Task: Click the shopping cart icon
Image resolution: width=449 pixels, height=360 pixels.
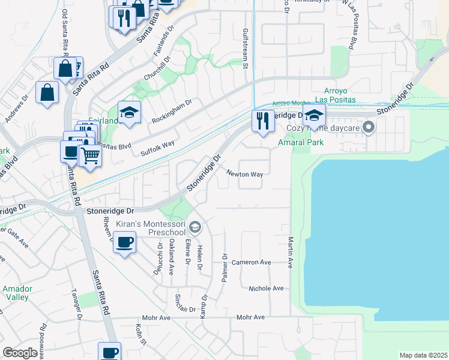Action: [x=90, y=155]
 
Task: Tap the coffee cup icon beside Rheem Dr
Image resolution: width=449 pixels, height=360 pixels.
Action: [x=124, y=242]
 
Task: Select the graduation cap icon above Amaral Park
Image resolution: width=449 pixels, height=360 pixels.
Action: [x=314, y=115]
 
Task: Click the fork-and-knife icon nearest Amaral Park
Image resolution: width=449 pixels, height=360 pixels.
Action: [x=262, y=121]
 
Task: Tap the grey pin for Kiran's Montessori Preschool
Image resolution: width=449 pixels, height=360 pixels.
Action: [x=194, y=227]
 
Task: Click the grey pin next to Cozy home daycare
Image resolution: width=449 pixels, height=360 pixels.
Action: [x=368, y=127]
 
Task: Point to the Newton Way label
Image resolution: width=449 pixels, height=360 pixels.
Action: [x=245, y=174]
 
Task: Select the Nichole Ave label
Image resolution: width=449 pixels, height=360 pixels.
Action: [x=266, y=289]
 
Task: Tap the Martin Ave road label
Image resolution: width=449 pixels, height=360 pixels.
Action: [x=290, y=252]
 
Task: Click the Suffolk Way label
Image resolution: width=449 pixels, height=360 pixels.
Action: [x=157, y=148]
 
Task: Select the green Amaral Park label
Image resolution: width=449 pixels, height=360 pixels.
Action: [x=301, y=142]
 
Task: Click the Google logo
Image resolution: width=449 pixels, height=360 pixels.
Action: [x=20, y=353]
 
